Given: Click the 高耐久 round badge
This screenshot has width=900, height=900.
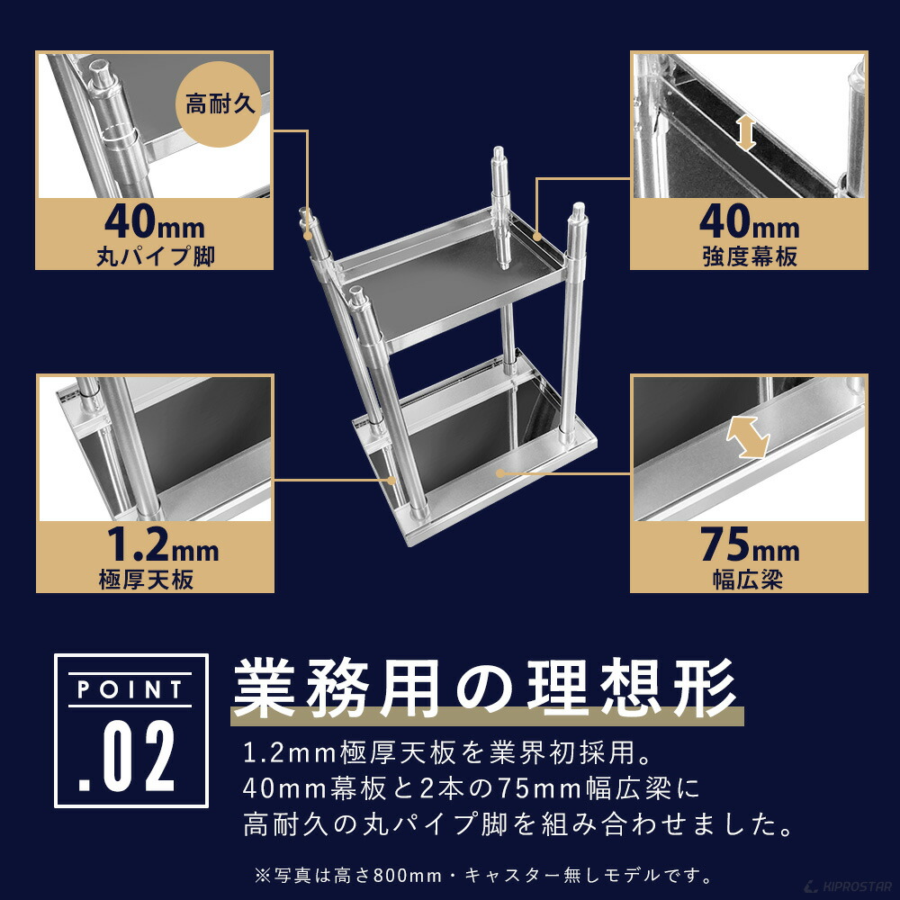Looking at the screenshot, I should [221, 103].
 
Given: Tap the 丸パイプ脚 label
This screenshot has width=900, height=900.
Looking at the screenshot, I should [155, 256].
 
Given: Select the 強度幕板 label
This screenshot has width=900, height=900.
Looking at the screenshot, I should [749, 256].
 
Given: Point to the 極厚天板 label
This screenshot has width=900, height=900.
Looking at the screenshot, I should [146, 580].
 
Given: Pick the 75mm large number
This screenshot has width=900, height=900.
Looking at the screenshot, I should [749, 545].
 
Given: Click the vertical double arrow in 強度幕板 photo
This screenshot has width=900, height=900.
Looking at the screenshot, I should [744, 130].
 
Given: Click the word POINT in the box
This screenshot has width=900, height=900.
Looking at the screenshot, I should [131, 690].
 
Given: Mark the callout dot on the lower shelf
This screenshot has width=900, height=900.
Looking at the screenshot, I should [499, 472].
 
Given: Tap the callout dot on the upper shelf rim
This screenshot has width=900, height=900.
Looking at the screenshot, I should [536, 237].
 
